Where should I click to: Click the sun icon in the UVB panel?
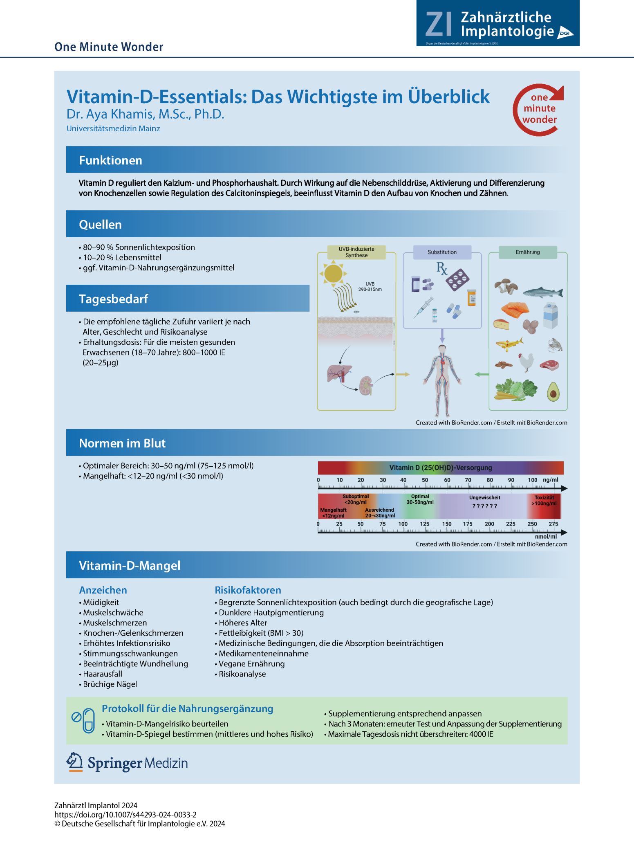click(334, 274)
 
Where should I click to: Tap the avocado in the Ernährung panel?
click(553, 391)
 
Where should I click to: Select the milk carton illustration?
click(550, 315)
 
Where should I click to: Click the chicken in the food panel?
click(526, 362)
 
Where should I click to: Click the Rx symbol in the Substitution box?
click(442, 269)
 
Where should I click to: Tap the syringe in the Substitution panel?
click(423, 308)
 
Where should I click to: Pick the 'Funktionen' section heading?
click(110, 160)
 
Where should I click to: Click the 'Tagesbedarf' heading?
click(113, 299)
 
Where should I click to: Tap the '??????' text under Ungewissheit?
click(484, 506)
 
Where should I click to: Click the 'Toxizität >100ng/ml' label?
click(544, 500)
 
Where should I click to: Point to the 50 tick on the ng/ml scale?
click(425, 480)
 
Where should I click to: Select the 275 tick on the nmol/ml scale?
click(553, 524)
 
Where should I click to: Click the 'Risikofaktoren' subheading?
click(248, 590)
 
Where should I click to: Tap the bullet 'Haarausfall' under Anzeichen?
click(102, 674)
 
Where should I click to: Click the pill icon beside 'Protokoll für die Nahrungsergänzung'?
click(88, 721)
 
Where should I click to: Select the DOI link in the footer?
click(125, 814)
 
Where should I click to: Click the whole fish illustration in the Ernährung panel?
click(543, 292)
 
